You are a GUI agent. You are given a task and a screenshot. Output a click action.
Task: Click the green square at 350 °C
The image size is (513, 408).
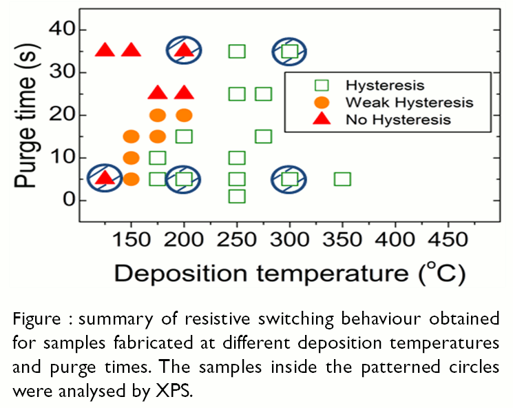click(x=342, y=179)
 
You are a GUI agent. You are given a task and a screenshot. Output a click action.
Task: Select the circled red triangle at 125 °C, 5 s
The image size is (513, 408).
click(x=105, y=178)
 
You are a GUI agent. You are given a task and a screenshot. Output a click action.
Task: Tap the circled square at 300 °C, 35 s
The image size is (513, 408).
click(x=289, y=51)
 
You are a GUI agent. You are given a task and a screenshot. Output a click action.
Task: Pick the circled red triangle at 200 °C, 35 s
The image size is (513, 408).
click(x=184, y=50)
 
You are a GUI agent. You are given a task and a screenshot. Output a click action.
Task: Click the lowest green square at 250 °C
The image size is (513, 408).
click(x=237, y=196)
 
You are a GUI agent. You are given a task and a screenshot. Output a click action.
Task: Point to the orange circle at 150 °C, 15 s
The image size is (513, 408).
click(x=131, y=136)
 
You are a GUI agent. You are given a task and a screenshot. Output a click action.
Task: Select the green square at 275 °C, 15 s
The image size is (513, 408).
click(x=263, y=136)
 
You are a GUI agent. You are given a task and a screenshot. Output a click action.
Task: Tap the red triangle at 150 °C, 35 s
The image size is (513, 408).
click(x=131, y=50)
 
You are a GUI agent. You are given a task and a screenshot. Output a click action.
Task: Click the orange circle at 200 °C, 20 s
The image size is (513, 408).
click(x=184, y=115)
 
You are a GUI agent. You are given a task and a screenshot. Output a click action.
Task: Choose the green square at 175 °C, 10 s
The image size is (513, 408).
click(x=158, y=158)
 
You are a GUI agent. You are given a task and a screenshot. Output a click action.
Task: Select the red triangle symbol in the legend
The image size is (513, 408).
click(x=321, y=119)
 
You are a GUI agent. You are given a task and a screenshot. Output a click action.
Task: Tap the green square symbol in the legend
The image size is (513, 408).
click(x=321, y=85)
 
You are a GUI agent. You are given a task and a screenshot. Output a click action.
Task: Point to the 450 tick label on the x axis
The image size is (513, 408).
click(x=448, y=241)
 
